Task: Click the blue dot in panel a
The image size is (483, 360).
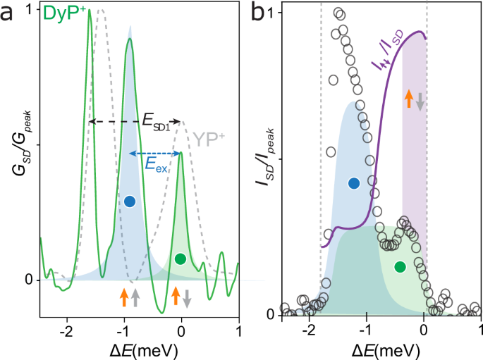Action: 129,201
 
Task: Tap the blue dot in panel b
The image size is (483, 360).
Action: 354,183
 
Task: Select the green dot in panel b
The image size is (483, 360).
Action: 400,266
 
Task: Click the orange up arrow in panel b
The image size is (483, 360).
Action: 408,99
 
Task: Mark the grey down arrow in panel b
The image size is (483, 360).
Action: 420,100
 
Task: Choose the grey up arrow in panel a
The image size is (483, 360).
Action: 135,297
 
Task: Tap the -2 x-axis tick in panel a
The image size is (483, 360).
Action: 67,329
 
